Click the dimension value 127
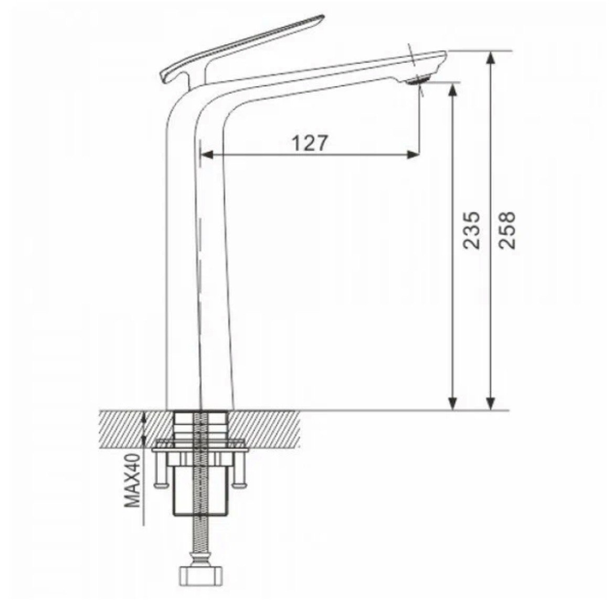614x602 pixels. click(x=310, y=143)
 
